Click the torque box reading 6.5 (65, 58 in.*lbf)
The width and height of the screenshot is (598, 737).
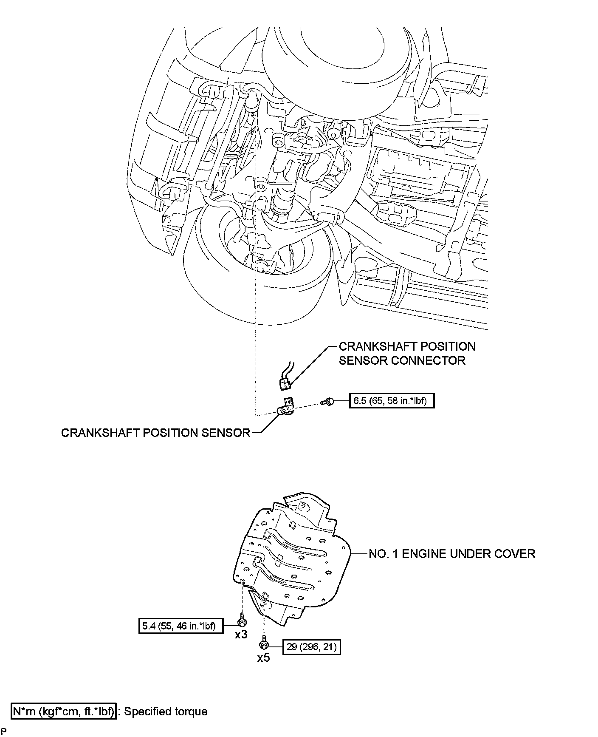[392, 400]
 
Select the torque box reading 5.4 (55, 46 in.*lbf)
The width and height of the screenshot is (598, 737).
[181, 626]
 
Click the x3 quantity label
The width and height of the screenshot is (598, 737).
[241, 635]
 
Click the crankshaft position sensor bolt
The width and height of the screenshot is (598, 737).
[328, 400]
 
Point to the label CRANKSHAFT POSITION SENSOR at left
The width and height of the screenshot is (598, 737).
[155, 433]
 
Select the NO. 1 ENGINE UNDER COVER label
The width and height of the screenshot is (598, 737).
[452, 554]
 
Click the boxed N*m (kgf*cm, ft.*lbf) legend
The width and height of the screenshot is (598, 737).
[63, 711]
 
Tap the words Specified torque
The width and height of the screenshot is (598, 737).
[166, 711]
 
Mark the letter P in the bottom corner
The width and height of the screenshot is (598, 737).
[3, 731]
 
